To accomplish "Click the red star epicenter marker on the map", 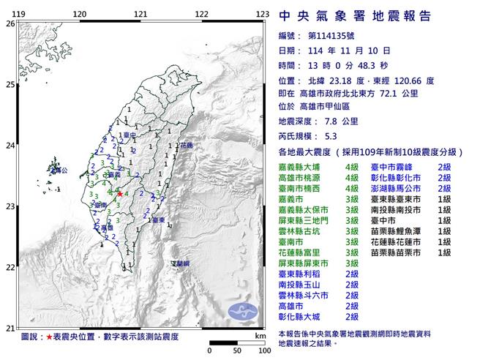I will (120, 194).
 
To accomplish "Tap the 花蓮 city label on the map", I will (185, 146).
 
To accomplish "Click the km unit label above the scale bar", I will (260, 335).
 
